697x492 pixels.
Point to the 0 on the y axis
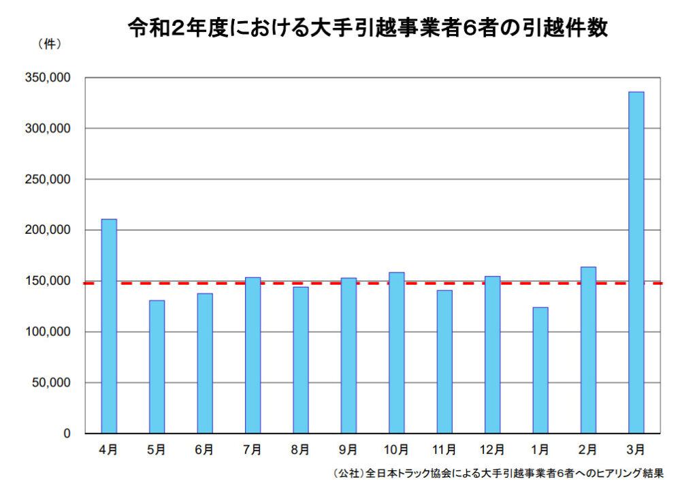(x=67, y=433)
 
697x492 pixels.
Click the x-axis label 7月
(x=252, y=450)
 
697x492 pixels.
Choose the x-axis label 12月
(x=491, y=450)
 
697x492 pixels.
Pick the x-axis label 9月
(x=348, y=450)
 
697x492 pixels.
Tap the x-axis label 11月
(x=444, y=450)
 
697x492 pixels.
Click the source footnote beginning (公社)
(x=498, y=472)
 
